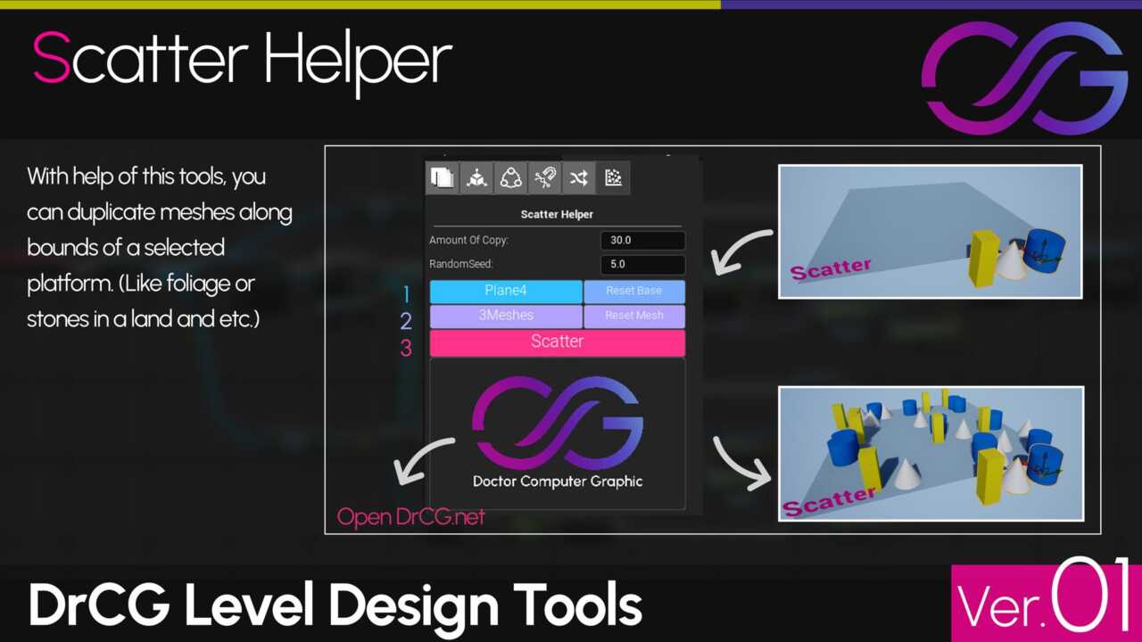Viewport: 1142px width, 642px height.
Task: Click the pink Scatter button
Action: pyautogui.click(x=558, y=342)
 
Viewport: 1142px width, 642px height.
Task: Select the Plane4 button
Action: pyautogui.click(x=506, y=291)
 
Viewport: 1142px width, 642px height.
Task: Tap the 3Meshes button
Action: pyautogui.click(x=506, y=316)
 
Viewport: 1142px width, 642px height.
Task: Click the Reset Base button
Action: pyautogui.click(x=634, y=291)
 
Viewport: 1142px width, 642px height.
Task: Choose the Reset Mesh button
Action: pyautogui.click(x=634, y=316)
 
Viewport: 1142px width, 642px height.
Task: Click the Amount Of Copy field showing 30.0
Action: pyautogui.click(x=643, y=241)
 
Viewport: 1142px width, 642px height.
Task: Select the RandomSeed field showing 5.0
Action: pyautogui.click(x=643, y=265)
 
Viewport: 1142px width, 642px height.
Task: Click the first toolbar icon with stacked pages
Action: pyautogui.click(x=442, y=177)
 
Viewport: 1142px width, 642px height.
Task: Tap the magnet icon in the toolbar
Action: pyautogui.click(x=545, y=177)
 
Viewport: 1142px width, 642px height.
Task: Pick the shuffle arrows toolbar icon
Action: pyautogui.click(x=579, y=177)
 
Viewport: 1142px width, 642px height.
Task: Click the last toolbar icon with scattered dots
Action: pyautogui.click(x=613, y=177)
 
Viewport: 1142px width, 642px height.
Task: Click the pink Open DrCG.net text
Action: pyautogui.click(x=411, y=517)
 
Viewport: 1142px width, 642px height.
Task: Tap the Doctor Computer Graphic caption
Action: pyautogui.click(x=558, y=481)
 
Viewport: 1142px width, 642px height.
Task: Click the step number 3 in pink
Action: pyautogui.click(x=406, y=348)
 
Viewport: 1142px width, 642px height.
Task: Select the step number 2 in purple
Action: pyautogui.click(x=406, y=321)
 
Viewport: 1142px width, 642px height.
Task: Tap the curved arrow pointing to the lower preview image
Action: pyautogui.click(x=741, y=465)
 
